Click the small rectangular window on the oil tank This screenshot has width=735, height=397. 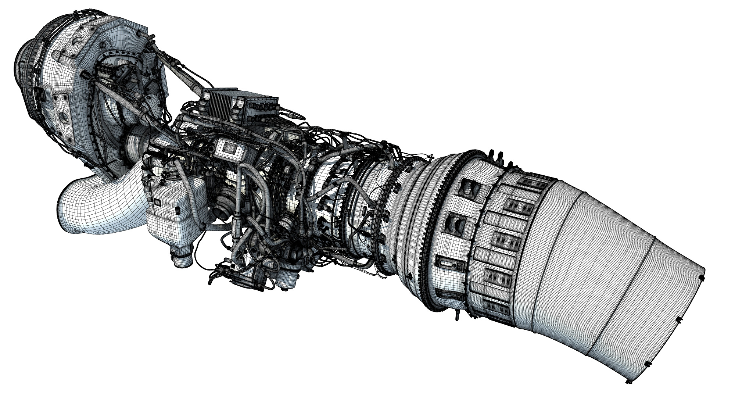[157, 202]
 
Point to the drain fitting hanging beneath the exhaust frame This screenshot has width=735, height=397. [458, 314]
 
